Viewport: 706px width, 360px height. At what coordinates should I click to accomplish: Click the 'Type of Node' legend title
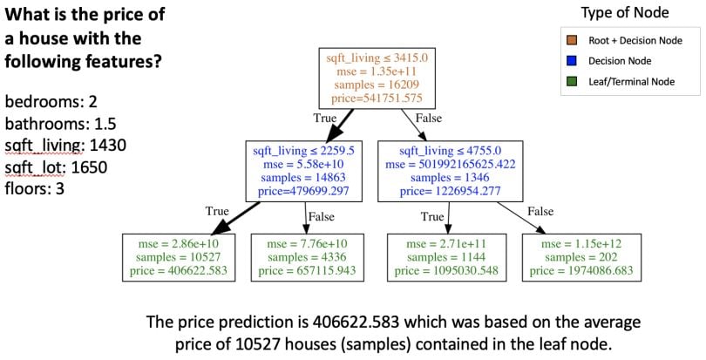click(627, 13)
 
